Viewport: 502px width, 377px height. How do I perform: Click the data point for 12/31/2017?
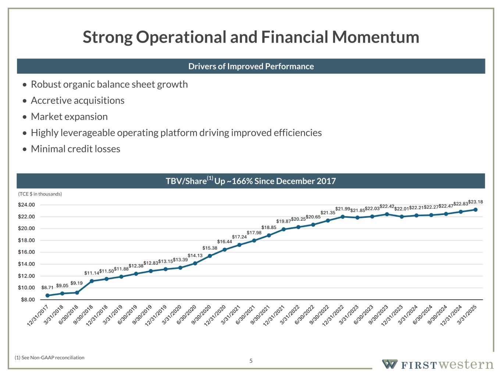(x=47, y=295)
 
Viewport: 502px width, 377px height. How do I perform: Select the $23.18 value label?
(x=476, y=202)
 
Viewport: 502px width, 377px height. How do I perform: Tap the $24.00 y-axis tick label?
(x=26, y=205)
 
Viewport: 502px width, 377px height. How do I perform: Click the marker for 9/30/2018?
(x=92, y=281)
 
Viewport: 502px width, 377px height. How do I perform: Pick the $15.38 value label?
(x=210, y=248)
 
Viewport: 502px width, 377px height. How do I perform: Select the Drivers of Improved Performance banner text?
(x=251, y=66)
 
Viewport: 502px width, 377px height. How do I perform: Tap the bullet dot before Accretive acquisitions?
(x=24, y=101)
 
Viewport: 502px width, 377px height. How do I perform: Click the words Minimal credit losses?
(x=75, y=149)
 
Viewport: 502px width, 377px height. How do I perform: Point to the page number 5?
(x=251, y=361)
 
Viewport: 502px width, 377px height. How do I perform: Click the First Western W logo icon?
(x=389, y=364)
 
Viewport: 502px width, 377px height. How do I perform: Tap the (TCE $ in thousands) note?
(x=40, y=194)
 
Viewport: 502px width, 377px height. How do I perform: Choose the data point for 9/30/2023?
(x=387, y=214)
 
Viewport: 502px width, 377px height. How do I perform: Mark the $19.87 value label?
(x=283, y=221)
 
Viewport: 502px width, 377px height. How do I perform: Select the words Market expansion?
(x=69, y=117)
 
